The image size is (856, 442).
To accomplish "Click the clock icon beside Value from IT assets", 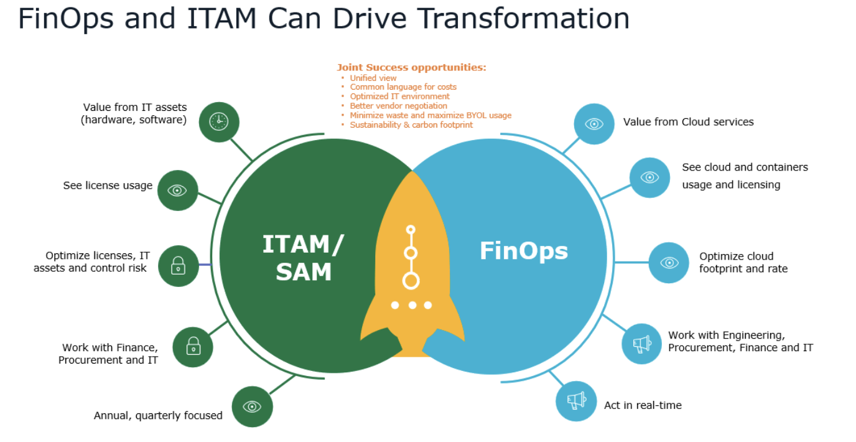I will (x=219, y=121).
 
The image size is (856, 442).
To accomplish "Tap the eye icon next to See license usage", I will (x=177, y=190).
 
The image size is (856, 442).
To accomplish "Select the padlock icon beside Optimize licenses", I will (x=179, y=266).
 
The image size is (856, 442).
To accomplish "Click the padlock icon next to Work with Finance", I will (x=193, y=347).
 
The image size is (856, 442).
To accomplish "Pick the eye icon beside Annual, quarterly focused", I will (x=252, y=407).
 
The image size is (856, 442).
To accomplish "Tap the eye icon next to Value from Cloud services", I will (x=594, y=124).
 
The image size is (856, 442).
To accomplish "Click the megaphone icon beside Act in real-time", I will (x=576, y=401).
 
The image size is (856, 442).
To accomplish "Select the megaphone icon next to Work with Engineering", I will (x=641, y=344).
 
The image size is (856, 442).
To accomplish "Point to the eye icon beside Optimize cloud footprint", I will (x=669, y=263).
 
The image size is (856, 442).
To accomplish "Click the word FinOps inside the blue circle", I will (x=523, y=251).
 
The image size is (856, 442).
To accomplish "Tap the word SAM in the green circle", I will (x=304, y=272).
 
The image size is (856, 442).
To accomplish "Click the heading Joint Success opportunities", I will (x=411, y=67).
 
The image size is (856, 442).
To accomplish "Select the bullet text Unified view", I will (x=373, y=78).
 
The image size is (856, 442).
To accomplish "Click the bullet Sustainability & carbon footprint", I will (x=411, y=125).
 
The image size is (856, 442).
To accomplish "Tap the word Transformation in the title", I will (x=523, y=19).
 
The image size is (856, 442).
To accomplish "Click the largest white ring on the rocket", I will (x=411, y=281).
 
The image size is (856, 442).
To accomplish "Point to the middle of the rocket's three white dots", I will (x=412, y=305).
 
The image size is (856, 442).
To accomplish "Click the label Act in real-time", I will (x=643, y=405).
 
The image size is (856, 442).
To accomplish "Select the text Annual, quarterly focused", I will (x=158, y=415).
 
